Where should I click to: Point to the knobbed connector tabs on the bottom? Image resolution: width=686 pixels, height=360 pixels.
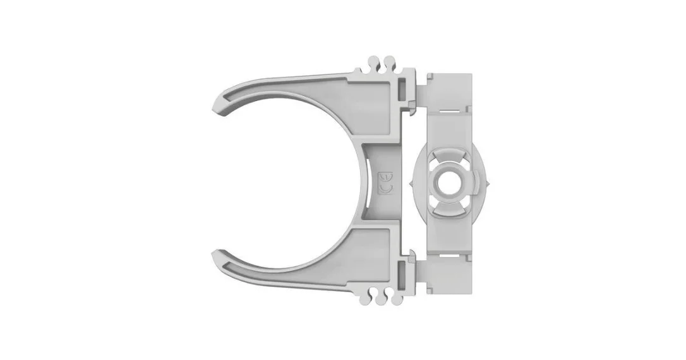point(379,296)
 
